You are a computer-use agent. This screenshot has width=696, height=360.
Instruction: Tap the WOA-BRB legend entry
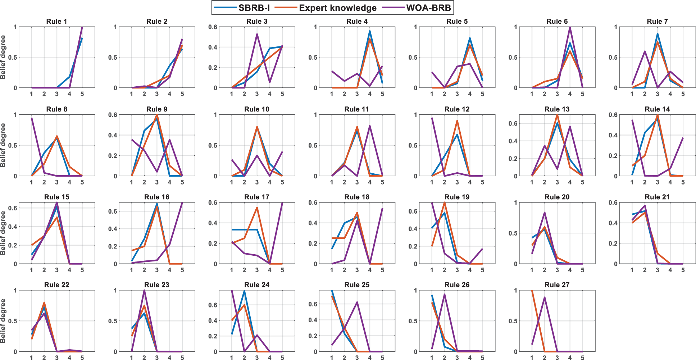pyautogui.click(x=422, y=8)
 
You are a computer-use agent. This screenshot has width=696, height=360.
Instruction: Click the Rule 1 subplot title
pyautogui.click(x=56, y=22)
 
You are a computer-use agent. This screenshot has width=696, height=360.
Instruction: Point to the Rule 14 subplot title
pyautogui.click(x=657, y=109)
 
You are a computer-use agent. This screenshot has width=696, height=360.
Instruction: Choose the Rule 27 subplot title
pyautogui.click(x=557, y=285)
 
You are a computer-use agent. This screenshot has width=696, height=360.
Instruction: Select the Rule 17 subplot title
pyautogui.click(x=256, y=197)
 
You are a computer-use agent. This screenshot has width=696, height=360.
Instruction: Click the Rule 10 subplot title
pyautogui.click(x=256, y=109)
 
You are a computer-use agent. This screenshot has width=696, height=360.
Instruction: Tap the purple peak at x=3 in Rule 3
pyautogui.click(x=257, y=34)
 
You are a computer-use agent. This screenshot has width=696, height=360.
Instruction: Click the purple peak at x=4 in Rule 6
pyautogui.click(x=570, y=27)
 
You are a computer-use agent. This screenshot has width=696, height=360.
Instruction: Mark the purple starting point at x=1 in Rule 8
pyautogui.click(x=32, y=118)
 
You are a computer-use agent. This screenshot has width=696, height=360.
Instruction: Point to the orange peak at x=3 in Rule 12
pyautogui.click(x=457, y=121)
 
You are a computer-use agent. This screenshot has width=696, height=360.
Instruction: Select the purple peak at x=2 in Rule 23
pyautogui.click(x=144, y=291)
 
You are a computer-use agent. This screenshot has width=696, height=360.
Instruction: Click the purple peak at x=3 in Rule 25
pyautogui.click(x=357, y=302)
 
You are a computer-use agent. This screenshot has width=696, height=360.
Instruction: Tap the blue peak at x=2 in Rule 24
pyautogui.click(x=244, y=291)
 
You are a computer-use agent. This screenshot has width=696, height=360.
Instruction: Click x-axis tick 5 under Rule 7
pyautogui.click(x=683, y=94)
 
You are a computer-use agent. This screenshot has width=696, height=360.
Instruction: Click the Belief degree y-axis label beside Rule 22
pyautogui.click(x=3, y=321)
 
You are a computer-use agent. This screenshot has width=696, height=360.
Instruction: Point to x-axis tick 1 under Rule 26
pyautogui.click(x=432, y=358)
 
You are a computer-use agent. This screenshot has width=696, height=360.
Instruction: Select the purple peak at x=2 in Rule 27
pyautogui.click(x=545, y=297)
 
